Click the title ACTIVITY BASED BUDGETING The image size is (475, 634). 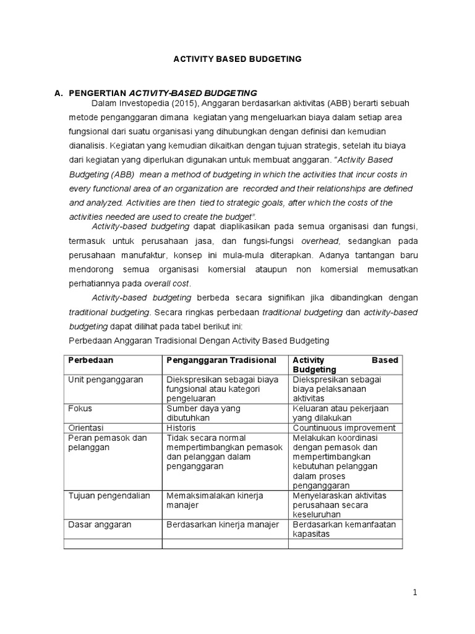click(237, 59)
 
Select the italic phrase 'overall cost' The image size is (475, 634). click(168, 283)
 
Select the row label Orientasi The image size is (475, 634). click(85, 428)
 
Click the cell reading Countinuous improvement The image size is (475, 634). click(344, 428)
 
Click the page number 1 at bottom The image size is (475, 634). click(416, 593)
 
